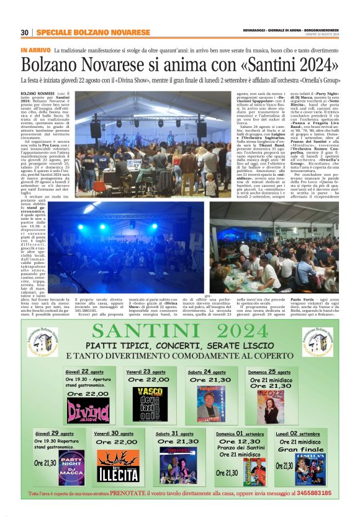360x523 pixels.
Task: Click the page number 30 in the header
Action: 25,32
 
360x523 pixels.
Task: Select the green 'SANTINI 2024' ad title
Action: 180,332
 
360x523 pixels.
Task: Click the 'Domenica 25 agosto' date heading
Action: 270,371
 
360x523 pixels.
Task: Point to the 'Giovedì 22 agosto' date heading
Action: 85,371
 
